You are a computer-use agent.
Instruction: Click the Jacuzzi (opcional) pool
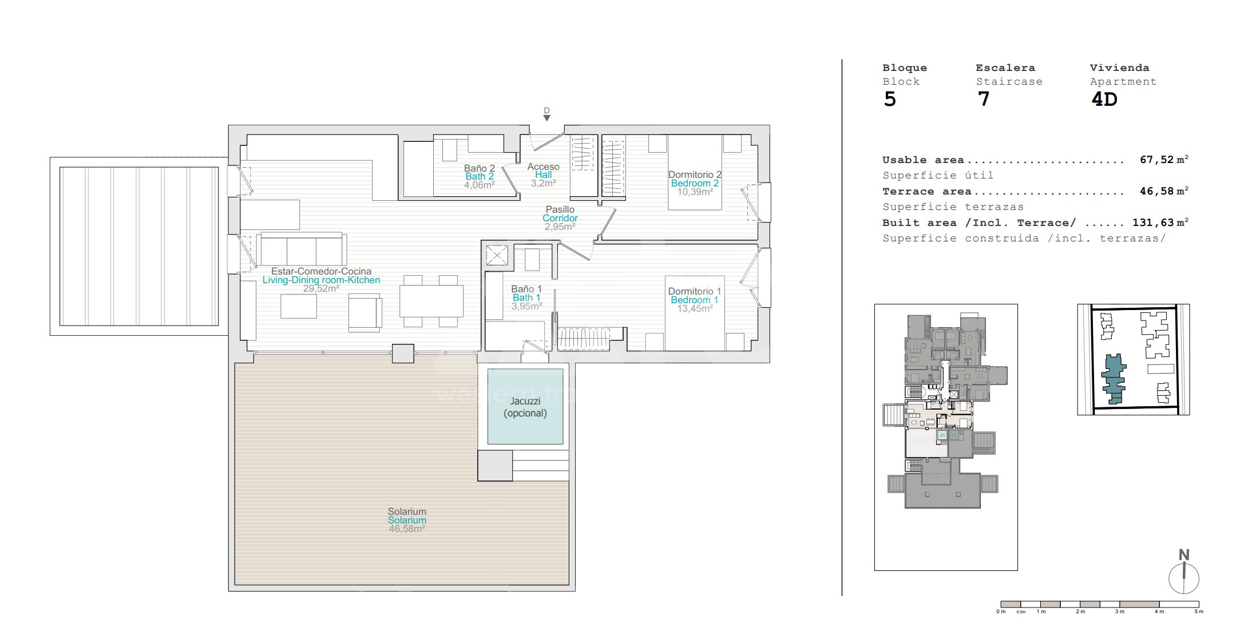pos(525,406)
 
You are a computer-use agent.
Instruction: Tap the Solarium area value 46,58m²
pos(407,529)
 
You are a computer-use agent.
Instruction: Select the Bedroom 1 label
pos(695,300)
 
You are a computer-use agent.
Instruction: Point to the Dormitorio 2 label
pos(695,174)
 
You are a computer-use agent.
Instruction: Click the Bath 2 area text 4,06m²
pos(480,185)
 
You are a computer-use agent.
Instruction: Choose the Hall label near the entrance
pos(544,175)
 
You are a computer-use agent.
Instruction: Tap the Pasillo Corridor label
pos(560,214)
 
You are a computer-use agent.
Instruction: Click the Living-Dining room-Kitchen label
pos(321,280)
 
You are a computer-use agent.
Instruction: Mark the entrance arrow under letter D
pos(547,118)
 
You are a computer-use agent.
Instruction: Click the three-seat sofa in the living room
pos(302,249)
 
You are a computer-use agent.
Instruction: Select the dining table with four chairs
pos(431,301)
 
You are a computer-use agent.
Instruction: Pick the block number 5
pos(890,100)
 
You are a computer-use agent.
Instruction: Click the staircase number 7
pos(983,100)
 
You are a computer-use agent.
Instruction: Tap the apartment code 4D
pos(1104,100)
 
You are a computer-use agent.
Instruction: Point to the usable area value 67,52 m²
pos(1164,160)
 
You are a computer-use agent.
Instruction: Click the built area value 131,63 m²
pos(1160,223)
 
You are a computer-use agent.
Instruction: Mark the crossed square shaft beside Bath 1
pos(496,255)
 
